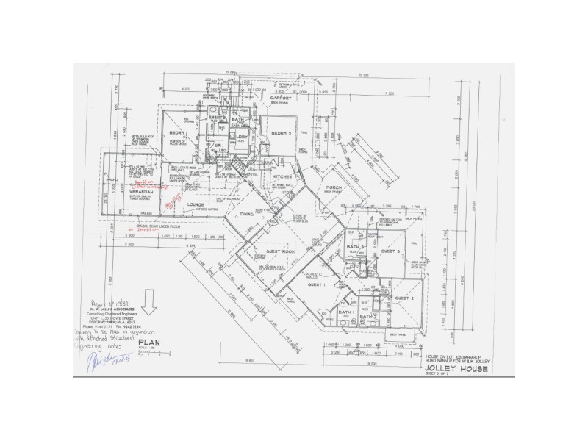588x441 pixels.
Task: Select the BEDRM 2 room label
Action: [283, 133]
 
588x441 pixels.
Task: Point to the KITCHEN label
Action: [284, 178]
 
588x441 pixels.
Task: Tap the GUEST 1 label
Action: [316, 284]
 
